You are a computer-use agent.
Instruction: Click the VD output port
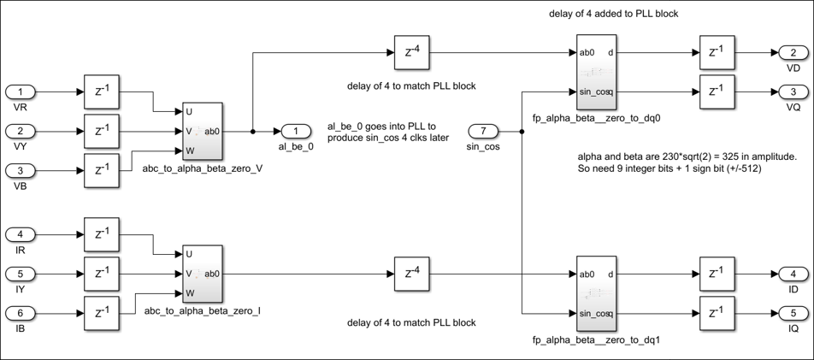[792, 53]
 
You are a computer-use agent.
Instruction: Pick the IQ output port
[792, 313]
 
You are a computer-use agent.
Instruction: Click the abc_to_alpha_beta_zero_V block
[202, 131]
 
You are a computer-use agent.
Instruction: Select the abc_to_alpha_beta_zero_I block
[202, 274]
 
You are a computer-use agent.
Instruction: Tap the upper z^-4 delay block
[412, 53]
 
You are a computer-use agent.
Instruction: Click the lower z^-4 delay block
[412, 274]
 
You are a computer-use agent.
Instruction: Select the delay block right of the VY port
[102, 131]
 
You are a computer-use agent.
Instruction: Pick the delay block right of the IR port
[102, 234]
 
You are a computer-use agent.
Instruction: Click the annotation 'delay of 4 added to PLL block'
[615, 14]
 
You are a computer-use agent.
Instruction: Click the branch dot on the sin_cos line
[522, 131]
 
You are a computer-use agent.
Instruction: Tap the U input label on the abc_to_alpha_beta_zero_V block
[188, 111]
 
